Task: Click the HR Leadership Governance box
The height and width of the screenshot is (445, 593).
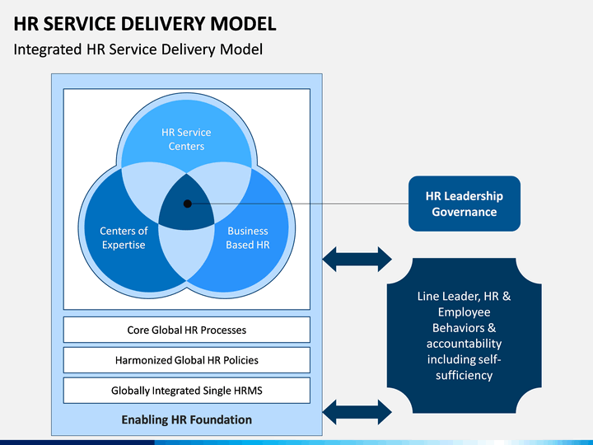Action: pyautogui.click(x=464, y=204)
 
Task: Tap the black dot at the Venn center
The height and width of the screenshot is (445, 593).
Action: pyautogui.click(x=187, y=204)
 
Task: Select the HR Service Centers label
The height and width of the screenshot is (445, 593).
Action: pyautogui.click(x=186, y=139)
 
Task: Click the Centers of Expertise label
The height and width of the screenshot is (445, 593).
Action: pyautogui.click(x=124, y=237)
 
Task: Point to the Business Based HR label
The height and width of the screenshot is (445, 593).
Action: pyautogui.click(x=248, y=237)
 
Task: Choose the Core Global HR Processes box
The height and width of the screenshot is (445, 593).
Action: pyautogui.click(x=186, y=330)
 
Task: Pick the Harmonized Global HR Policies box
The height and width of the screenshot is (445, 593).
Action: pyautogui.click(x=186, y=360)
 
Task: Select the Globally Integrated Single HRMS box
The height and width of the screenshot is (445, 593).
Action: pyautogui.click(x=186, y=390)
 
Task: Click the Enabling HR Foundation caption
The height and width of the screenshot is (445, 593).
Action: pyautogui.click(x=186, y=419)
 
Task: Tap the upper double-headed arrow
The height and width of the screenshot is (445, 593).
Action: pyautogui.click(x=357, y=260)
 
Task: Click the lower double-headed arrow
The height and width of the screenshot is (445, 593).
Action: pyautogui.click(x=357, y=412)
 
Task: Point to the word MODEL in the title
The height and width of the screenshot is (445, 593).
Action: pyautogui.click(x=243, y=23)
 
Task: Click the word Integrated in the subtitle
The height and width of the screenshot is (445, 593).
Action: pyautogui.click(x=48, y=49)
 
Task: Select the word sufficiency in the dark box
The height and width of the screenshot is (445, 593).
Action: pyautogui.click(x=464, y=376)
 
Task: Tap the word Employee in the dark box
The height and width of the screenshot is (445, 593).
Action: pyautogui.click(x=464, y=312)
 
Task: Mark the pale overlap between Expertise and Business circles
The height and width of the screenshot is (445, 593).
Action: pyautogui.click(x=186, y=252)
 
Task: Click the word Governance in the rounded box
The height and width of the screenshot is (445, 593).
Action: pyautogui.click(x=464, y=212)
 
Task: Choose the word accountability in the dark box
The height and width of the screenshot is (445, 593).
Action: pyautogui.click(x=464, y=344)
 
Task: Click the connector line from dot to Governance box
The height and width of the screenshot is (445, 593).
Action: pyautogui.click(x=298, y=204)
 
